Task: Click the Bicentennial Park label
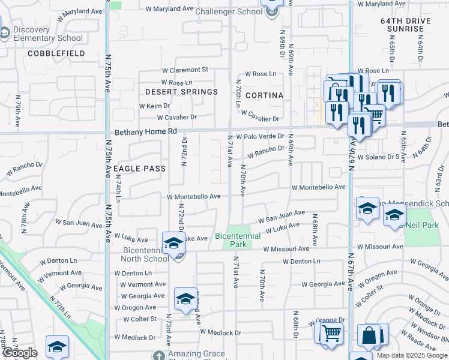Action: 238,240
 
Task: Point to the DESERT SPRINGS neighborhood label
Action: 181,92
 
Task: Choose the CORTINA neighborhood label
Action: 264,95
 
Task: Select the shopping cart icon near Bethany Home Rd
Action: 375,113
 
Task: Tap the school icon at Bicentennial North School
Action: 173,243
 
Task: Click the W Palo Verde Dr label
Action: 259,137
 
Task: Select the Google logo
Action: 19,353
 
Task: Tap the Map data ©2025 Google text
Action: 412,355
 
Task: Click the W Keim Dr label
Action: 155,106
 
